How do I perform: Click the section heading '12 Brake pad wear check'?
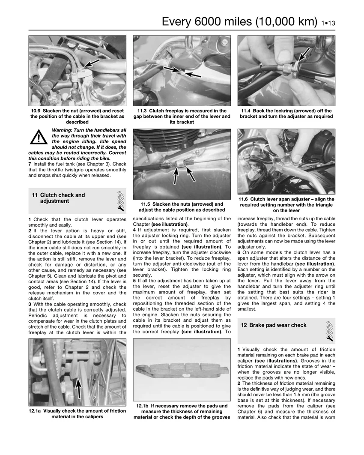274,325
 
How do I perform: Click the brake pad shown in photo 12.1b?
181,371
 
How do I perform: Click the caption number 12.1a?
35,411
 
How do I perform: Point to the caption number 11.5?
146,204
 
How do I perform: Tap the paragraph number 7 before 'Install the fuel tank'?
30,164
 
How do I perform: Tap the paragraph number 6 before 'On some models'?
239,252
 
